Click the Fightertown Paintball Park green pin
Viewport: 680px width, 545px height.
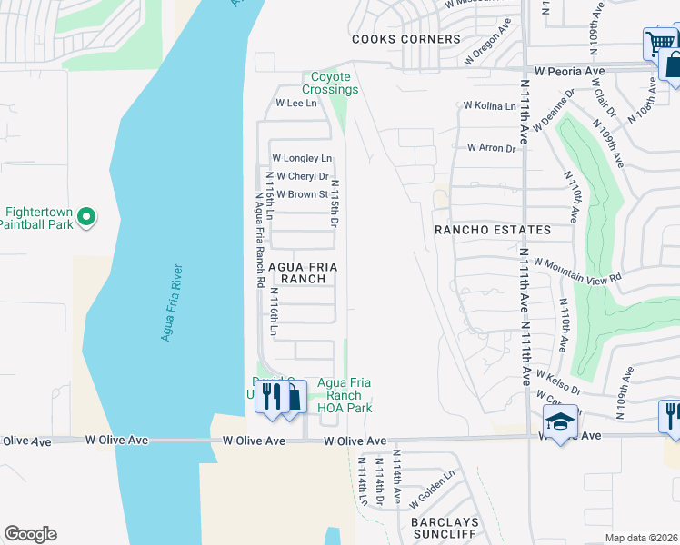(85, 216)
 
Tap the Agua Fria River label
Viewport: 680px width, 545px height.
(172, 303)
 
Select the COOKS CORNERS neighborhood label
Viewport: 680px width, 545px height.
(405, 39)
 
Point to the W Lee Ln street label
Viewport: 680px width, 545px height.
(295, 104)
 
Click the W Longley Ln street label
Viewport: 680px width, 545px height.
(302, 158)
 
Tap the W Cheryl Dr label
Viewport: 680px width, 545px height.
(302, 176)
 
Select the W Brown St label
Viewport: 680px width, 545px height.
(302, 194)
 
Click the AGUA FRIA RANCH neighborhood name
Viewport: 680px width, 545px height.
(303, 272)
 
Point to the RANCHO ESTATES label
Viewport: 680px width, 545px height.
(493, 230)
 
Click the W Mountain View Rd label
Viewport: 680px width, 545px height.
(577, 269)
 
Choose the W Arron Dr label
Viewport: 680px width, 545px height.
(491, 147)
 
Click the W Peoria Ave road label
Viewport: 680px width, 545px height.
(569, 71)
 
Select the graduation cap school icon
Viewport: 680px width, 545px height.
(559, 421)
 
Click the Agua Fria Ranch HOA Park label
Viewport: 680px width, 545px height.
(345, 395)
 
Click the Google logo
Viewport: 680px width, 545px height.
(30, 534)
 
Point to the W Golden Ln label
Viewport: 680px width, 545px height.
(432, 489)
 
